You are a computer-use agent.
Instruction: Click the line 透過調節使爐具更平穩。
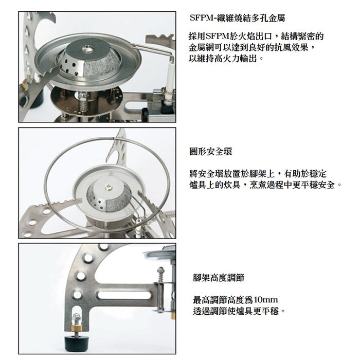point(239,312)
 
